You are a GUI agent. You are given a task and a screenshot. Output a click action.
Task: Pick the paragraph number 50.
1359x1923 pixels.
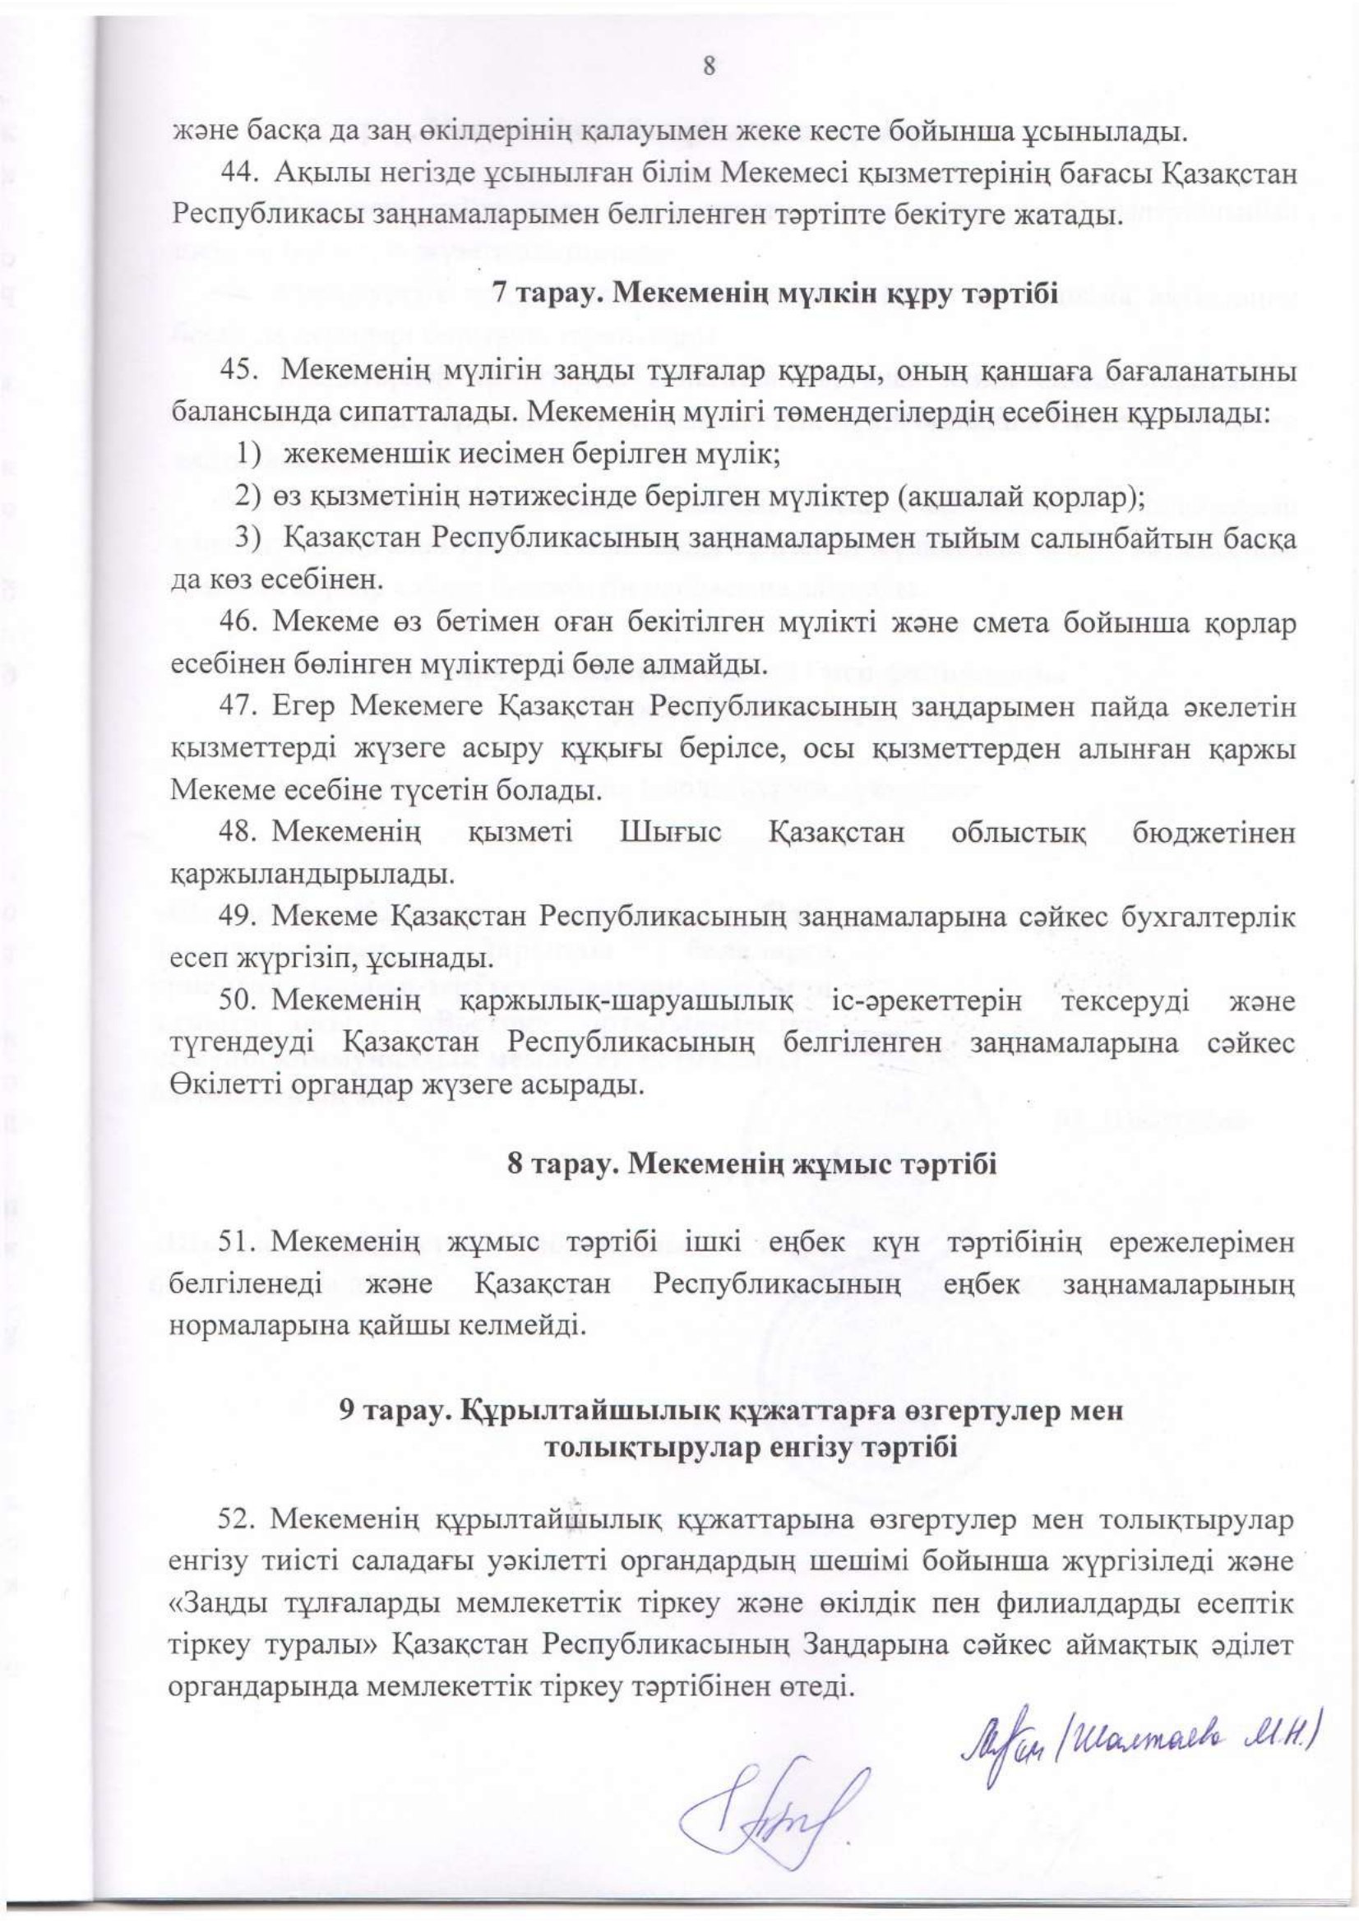[x=237, y=1001]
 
